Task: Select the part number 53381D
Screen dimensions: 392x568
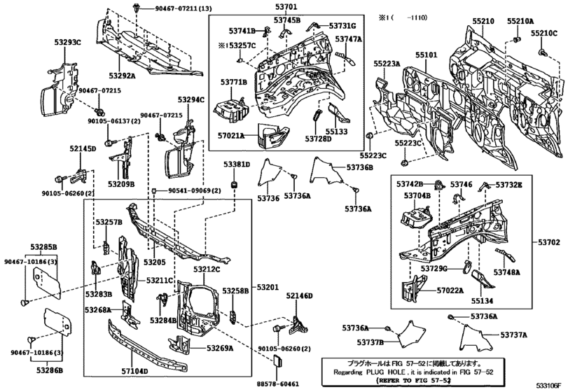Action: [x=237, y=164]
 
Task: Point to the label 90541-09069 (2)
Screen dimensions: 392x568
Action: [x=194, y=191]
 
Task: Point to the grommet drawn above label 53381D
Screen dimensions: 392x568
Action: [x=237, y=184]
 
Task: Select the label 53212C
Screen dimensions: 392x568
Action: [x=207, y=269]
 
